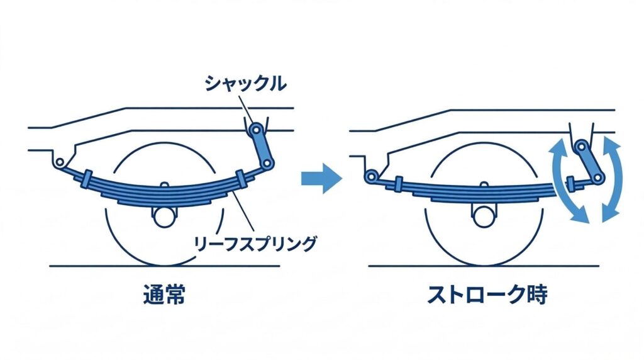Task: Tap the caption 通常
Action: (165, 295)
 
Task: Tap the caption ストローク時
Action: (487, 295)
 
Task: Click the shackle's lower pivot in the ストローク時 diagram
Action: (596, 179)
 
